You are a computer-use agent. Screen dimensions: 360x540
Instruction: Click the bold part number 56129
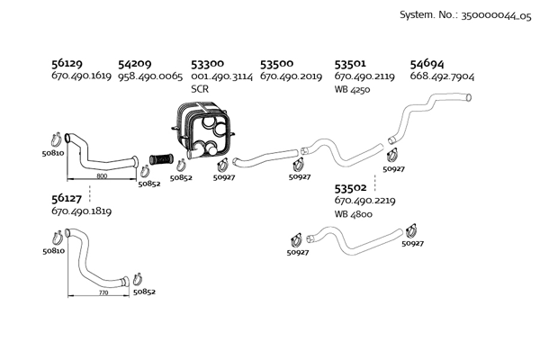[67, 65]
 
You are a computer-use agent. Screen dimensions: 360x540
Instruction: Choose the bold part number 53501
[350, 65]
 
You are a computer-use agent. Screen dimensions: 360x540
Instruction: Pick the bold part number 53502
[350, 188]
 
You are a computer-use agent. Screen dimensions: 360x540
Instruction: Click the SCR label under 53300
[200, 90]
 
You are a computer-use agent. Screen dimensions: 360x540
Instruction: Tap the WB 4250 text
[353, 90]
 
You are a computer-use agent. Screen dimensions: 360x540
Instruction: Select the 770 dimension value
[102, 292]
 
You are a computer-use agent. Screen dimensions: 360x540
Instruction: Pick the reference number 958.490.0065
[150, 77]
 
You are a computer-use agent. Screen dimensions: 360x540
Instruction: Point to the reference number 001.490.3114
[220, 77]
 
